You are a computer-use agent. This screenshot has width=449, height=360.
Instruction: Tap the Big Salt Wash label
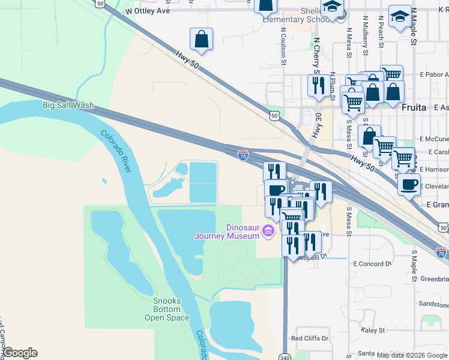(x=68, y=106)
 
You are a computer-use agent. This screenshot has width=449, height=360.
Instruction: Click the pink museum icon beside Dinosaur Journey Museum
(x=268, y=230)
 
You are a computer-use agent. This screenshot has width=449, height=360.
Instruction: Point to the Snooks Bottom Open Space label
(x=166, y=310)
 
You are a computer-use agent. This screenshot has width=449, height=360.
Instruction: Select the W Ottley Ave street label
(x=148, y=11)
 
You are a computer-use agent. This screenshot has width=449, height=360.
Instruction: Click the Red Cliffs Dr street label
(x=310, y=338)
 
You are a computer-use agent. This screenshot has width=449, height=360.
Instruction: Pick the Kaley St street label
(x=372, y=330)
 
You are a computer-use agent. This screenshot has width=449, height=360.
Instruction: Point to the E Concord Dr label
(x=372, y=263)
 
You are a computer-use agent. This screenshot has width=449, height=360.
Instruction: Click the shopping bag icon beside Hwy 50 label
(x=201, y=40)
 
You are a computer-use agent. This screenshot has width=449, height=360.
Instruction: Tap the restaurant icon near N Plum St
(x=318, y=86)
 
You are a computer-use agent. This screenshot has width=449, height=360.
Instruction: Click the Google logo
(x=20, y=353)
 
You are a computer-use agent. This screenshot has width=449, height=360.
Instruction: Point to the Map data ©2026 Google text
(x=412, y=355)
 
